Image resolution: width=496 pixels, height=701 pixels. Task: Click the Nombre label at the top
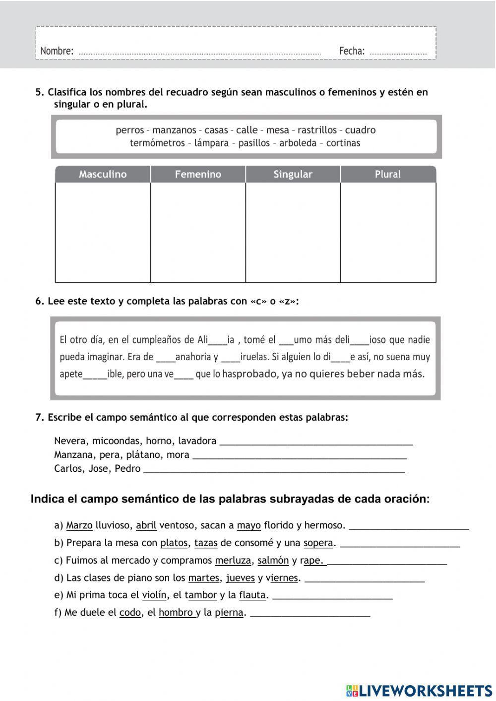coord(57,51)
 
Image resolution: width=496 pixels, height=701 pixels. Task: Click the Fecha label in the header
coord(352,51)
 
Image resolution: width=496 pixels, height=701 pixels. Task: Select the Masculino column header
coord(103,174)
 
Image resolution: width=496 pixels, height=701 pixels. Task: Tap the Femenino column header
coord(198,174)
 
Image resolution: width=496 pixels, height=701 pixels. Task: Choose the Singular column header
coord(293,174)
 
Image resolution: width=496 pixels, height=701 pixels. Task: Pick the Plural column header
coord(387,174)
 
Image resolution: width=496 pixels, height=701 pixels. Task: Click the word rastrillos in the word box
coord(317,130)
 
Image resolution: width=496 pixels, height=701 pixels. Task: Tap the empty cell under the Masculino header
coord(103,232)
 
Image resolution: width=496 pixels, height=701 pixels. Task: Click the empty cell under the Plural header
coord(388,232)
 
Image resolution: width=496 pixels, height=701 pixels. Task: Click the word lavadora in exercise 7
coord(197,441)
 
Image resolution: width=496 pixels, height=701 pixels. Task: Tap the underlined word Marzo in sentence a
coord(79,525)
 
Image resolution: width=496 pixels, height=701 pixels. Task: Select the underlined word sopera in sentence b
coord(318,543)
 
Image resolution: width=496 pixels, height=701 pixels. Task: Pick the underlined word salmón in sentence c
coord(273,561)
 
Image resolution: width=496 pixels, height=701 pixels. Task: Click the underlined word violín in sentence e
coord(154,595)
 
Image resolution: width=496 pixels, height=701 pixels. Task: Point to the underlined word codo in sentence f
coord(130,613)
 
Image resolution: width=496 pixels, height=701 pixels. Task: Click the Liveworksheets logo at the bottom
coord(419,690)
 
